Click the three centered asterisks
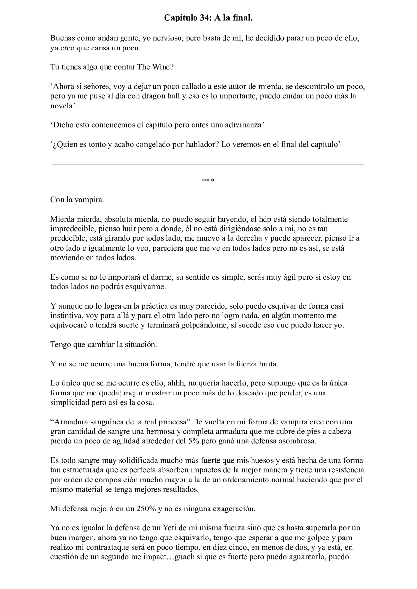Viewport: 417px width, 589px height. coord(208,180)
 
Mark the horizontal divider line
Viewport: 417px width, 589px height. coord(208,165)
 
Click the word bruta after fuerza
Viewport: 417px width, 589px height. coord(267,364)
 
